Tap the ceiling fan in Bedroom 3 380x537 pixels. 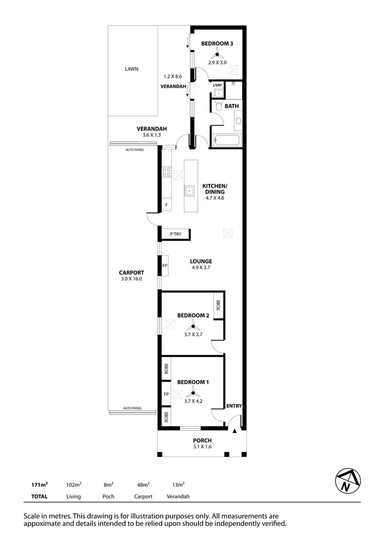click(217, 54)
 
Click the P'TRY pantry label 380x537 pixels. click(175, 234)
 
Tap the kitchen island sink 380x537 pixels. click(189, 190)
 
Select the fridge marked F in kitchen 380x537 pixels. click(166, 205)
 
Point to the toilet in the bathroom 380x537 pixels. click(218, 106)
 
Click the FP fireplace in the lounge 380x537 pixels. click(165, 266)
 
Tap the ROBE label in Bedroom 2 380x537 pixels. click(218, 305)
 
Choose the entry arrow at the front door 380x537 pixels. click(235, 431)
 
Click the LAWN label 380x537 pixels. click(132, 69)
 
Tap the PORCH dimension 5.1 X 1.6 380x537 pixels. click(202, 447)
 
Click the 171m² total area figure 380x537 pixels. click(40, 485)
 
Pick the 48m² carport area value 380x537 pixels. click(142, 485)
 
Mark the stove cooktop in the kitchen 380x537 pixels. click(166, 172)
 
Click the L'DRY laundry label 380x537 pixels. click(217, 85)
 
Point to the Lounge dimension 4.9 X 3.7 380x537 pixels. click(201, 268)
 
